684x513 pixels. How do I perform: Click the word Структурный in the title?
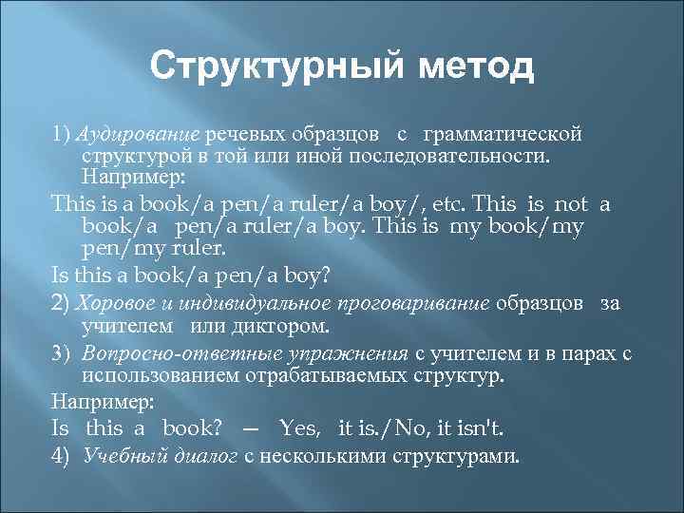pos(269,68)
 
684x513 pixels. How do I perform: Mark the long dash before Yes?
pos(251,427)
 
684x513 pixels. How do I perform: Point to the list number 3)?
pos(63,352)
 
